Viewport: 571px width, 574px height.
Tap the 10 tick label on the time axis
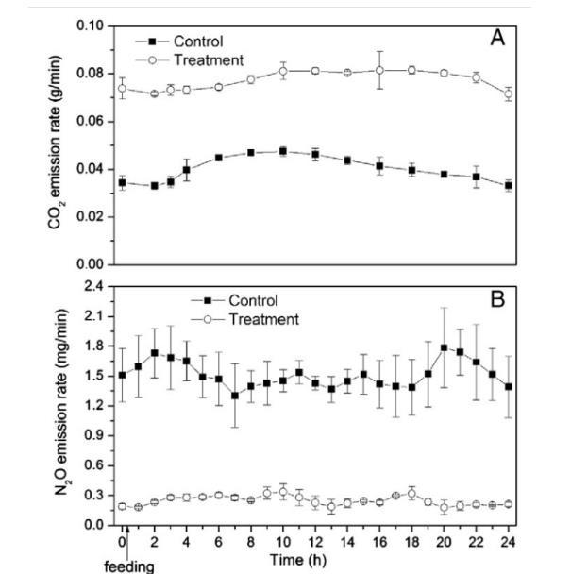click(x=283, y=541)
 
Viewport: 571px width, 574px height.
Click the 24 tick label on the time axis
click(x=509, y=541)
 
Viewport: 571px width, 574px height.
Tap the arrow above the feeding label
click(x=128, y=544)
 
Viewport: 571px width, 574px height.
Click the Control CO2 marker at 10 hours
click(x=283, y=151)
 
